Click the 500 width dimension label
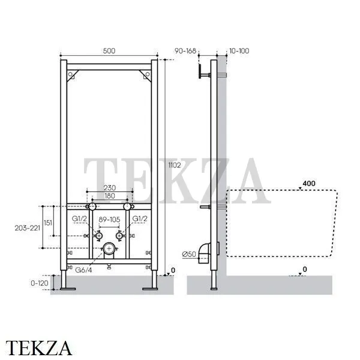click(x=109, y=51)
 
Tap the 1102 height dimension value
click(x=175, y=165)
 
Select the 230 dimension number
click(x=110, y=188)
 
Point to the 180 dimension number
click(x=110, y=196)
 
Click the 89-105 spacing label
click(x=110, y=220)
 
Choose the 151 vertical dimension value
click(x=48, y=223)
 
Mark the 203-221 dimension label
click(x=28, y=228)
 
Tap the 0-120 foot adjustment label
click(x=40, y=283)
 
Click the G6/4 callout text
click(x=83, y=270)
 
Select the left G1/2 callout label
click(x=79, y=218)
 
